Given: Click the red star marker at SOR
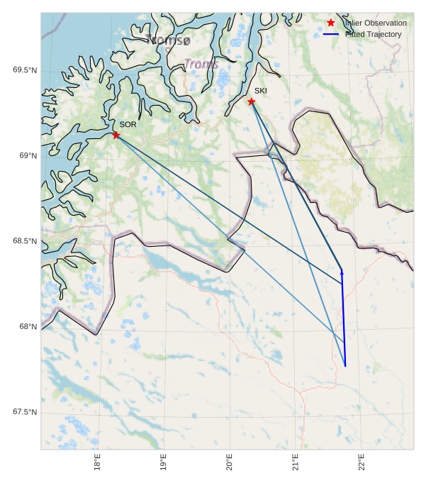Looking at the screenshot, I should (116, 135).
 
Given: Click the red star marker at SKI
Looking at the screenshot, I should (252, 101).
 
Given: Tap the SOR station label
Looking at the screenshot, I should (128, 124).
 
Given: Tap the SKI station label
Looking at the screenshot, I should (261, 91).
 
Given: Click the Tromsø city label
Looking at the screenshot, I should (167, 40).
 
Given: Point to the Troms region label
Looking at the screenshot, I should (201, 64).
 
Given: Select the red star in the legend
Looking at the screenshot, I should (331, 23).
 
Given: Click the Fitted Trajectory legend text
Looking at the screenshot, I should (373, 34).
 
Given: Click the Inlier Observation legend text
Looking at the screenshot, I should (376, 23).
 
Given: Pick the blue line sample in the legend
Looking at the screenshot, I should (331, 34).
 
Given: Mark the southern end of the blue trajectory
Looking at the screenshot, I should (345, 366).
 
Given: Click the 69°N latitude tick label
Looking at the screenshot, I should (27, 155).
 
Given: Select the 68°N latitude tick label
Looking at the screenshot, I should (27, 327).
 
